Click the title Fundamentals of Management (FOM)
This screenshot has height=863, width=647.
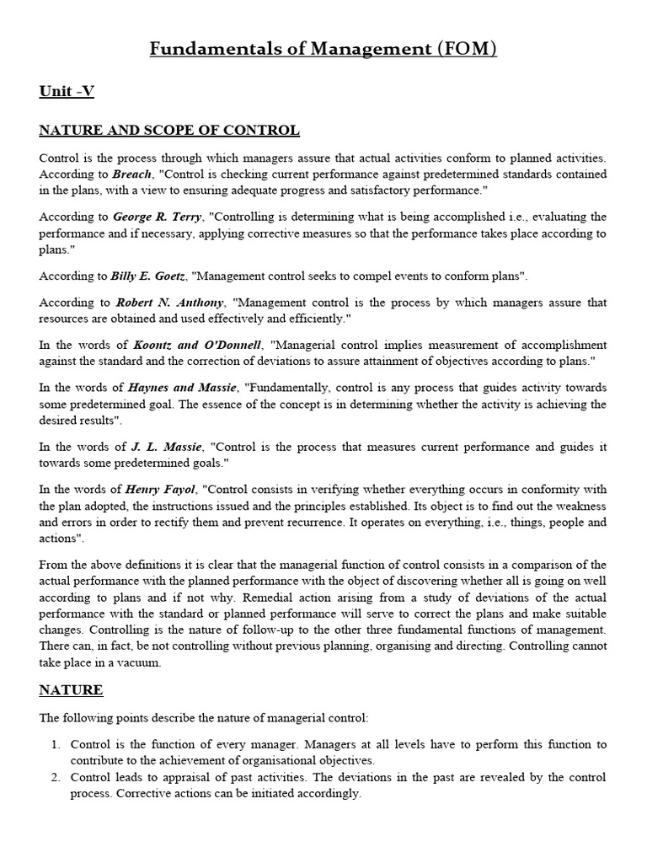pyautogui.click(x=323, y=49)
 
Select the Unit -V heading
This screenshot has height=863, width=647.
pyautogui.click(x=67, y=92)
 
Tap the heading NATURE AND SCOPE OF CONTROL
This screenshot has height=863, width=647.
pyautogui.click(x=169, y=130)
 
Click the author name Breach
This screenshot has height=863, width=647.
pyautogui.click(x=133, y=174)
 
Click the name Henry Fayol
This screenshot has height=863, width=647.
pyautogui.click(x=160, y=489)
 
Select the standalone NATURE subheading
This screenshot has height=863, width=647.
pyautogui.click(x=72, y=690)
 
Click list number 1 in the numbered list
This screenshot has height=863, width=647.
pyautogui.click(x=56, y=744)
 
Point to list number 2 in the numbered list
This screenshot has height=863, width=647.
pyautogui.click(x=56, y=777)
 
